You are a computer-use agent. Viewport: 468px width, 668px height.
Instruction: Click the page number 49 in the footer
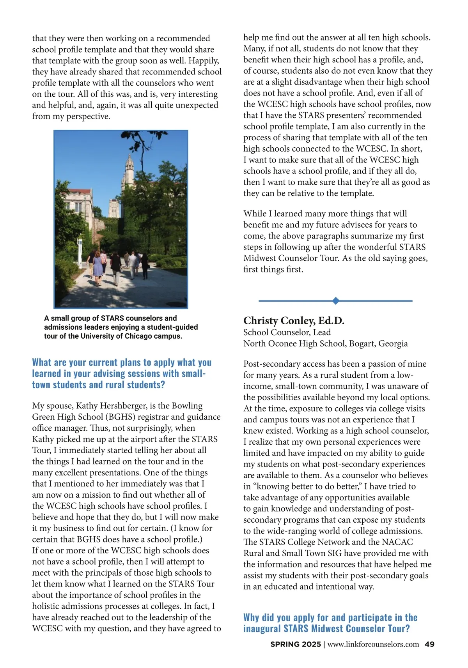pyautogui.click(x=429, y=644)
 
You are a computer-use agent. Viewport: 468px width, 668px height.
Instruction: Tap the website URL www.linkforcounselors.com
pyautogui.click(x=373, y=644)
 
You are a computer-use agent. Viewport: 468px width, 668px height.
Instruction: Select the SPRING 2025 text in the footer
pyautogui.click(x=295, y=644)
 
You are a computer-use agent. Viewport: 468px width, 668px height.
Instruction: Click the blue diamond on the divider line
pyautogui.click(x=335, y=300)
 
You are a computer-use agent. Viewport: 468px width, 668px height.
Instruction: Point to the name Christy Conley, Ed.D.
pyautogui.click(x=294, y=320)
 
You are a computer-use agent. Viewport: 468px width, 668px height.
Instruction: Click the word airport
pyautogui.click(x=134, y=439)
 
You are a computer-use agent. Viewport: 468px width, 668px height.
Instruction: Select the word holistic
pyautogui.click(x=47, y=606)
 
